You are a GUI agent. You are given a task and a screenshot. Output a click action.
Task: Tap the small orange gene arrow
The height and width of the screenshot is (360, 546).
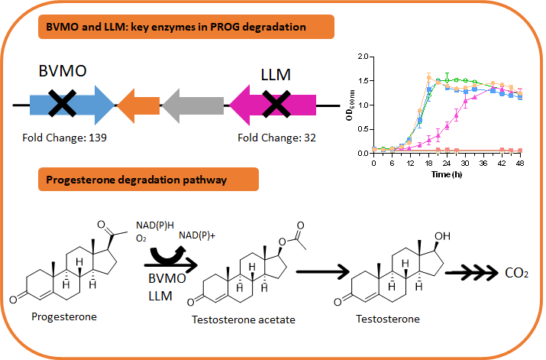(137, 105)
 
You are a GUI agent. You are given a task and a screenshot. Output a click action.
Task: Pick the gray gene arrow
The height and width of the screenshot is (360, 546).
(191, 105)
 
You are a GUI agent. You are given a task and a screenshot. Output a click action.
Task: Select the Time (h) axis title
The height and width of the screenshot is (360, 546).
(445, 174)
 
